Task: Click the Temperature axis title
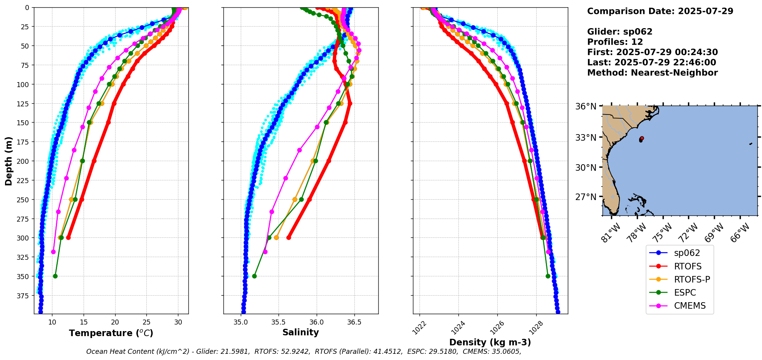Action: click(x=111, y=333)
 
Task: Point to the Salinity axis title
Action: click(x=300, y=332)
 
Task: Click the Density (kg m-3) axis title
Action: click(x=490, y=342)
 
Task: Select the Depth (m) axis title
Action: click(x=9, y=161)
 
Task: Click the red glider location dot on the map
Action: click(x=641, y=138)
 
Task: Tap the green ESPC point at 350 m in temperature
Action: click(x=55, y=276)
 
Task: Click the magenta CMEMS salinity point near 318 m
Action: click(x=265, y=252)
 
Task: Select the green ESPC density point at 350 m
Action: click(x=548, y=276)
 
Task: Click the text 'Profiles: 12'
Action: click(x=615, y=42)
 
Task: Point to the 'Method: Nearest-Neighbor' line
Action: click(x=652, y=73)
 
